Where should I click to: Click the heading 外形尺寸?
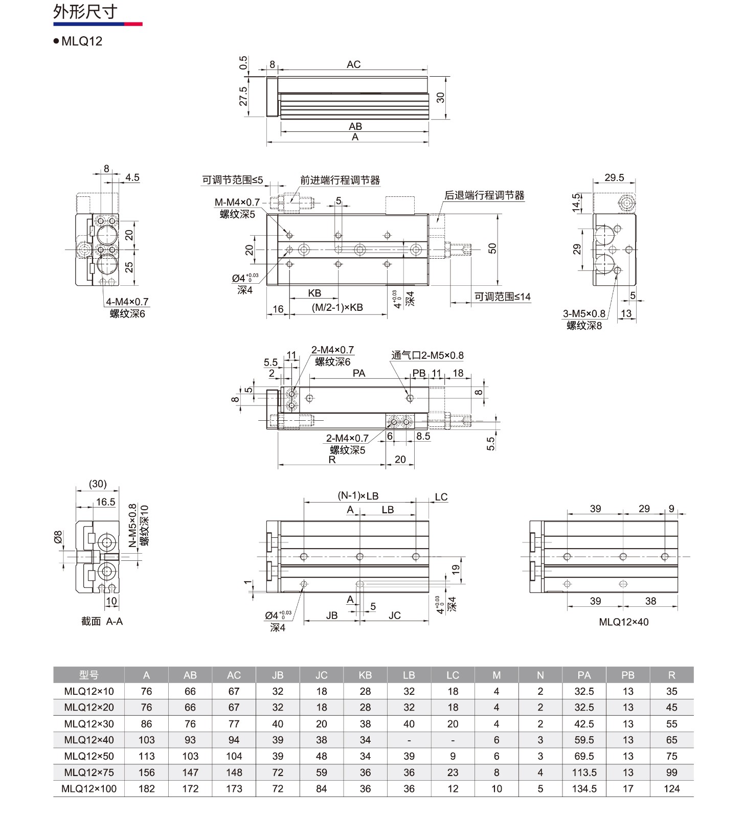(x=85, y=11)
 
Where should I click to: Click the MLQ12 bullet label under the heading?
(x=82, y=41)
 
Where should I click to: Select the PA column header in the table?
(x=584, y=675)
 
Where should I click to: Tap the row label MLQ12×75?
(x=89, y=772)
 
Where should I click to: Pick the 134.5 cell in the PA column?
(x=584, y=789)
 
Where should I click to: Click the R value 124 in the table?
(x=671, y=789)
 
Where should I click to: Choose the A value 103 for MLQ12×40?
(x=146, y=740)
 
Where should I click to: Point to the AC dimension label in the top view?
(x=353, y=64)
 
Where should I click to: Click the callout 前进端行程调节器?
(x=340, y=180)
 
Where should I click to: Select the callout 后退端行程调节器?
(x=484, y=195)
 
